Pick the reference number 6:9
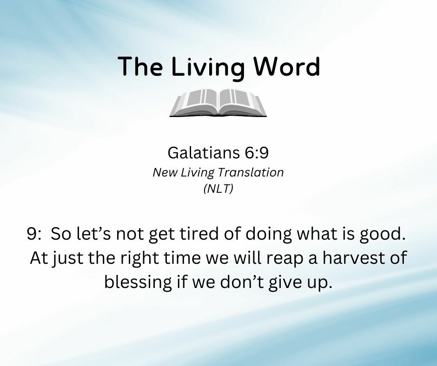pos(257,153)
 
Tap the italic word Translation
pos(251,172)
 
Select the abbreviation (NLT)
pos(218,189)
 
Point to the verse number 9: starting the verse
pos(34,234)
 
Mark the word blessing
pos(138,282)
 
